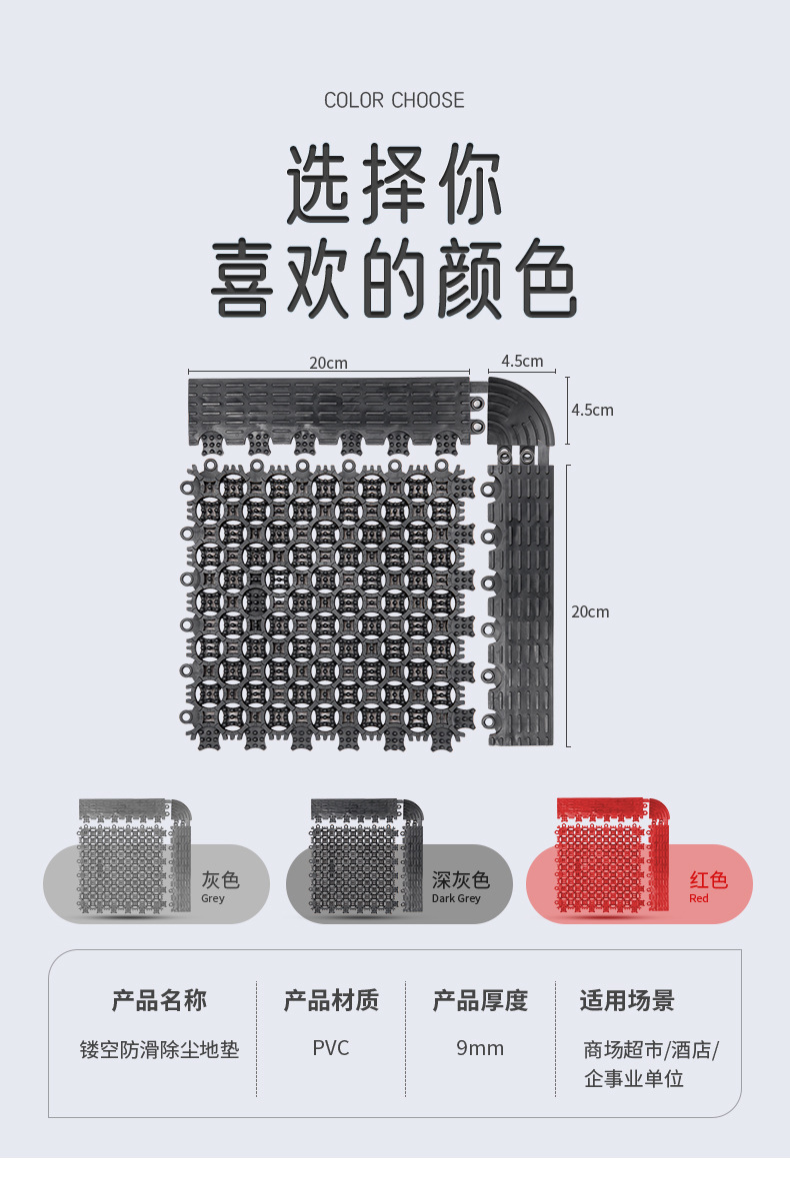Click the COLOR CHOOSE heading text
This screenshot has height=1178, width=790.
click(x=394, y=100)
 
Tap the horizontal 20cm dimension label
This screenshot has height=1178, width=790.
click(x=328, y=363)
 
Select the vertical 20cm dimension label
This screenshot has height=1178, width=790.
click(x=590, y=611)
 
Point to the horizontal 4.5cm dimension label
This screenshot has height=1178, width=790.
click(x=522, y=361)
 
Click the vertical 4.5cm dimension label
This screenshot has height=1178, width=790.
click(x=592, y=410)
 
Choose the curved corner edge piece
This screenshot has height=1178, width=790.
click(x=520, y=411)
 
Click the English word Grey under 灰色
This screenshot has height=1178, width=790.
click(x=213, y=899)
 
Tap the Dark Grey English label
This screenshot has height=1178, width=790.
click(x=456, y=899)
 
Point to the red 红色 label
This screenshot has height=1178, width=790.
click(x=708, y=880)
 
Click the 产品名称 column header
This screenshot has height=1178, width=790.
click(x=159, y=1000)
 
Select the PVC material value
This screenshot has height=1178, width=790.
click(x=331, y=1048)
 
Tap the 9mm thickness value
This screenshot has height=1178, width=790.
click(x=480, y=1048)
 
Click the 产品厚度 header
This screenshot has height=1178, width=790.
click(x=480, y=1000)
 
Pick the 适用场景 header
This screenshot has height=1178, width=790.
click(x=627, y=1000)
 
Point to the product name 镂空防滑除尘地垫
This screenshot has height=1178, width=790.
click(x=159, y=1050)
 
